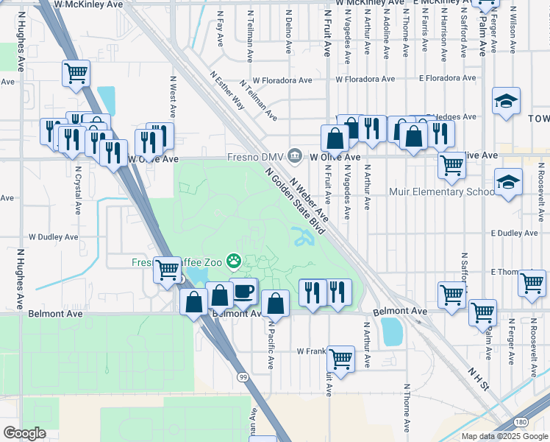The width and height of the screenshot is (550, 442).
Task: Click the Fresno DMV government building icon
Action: pyautogui.click(x=295, y=155)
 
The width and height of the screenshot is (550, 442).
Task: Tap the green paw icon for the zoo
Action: pyautogui.click(x=234, y=260)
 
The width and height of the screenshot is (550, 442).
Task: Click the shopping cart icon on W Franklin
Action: pyautogui.click(x=341, y=359)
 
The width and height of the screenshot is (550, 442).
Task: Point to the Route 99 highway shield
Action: pyautogui.click(x=242, y=376)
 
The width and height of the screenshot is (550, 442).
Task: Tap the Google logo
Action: pyautogui.click(x=24, y=433)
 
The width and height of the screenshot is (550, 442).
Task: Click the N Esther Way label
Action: pyautogui.click(x=226, y=90)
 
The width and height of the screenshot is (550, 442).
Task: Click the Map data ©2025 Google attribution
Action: pyautogui.click(x=504, y=436)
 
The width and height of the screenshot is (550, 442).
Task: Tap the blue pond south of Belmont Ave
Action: pyautogui.click(x=392, y=331)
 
